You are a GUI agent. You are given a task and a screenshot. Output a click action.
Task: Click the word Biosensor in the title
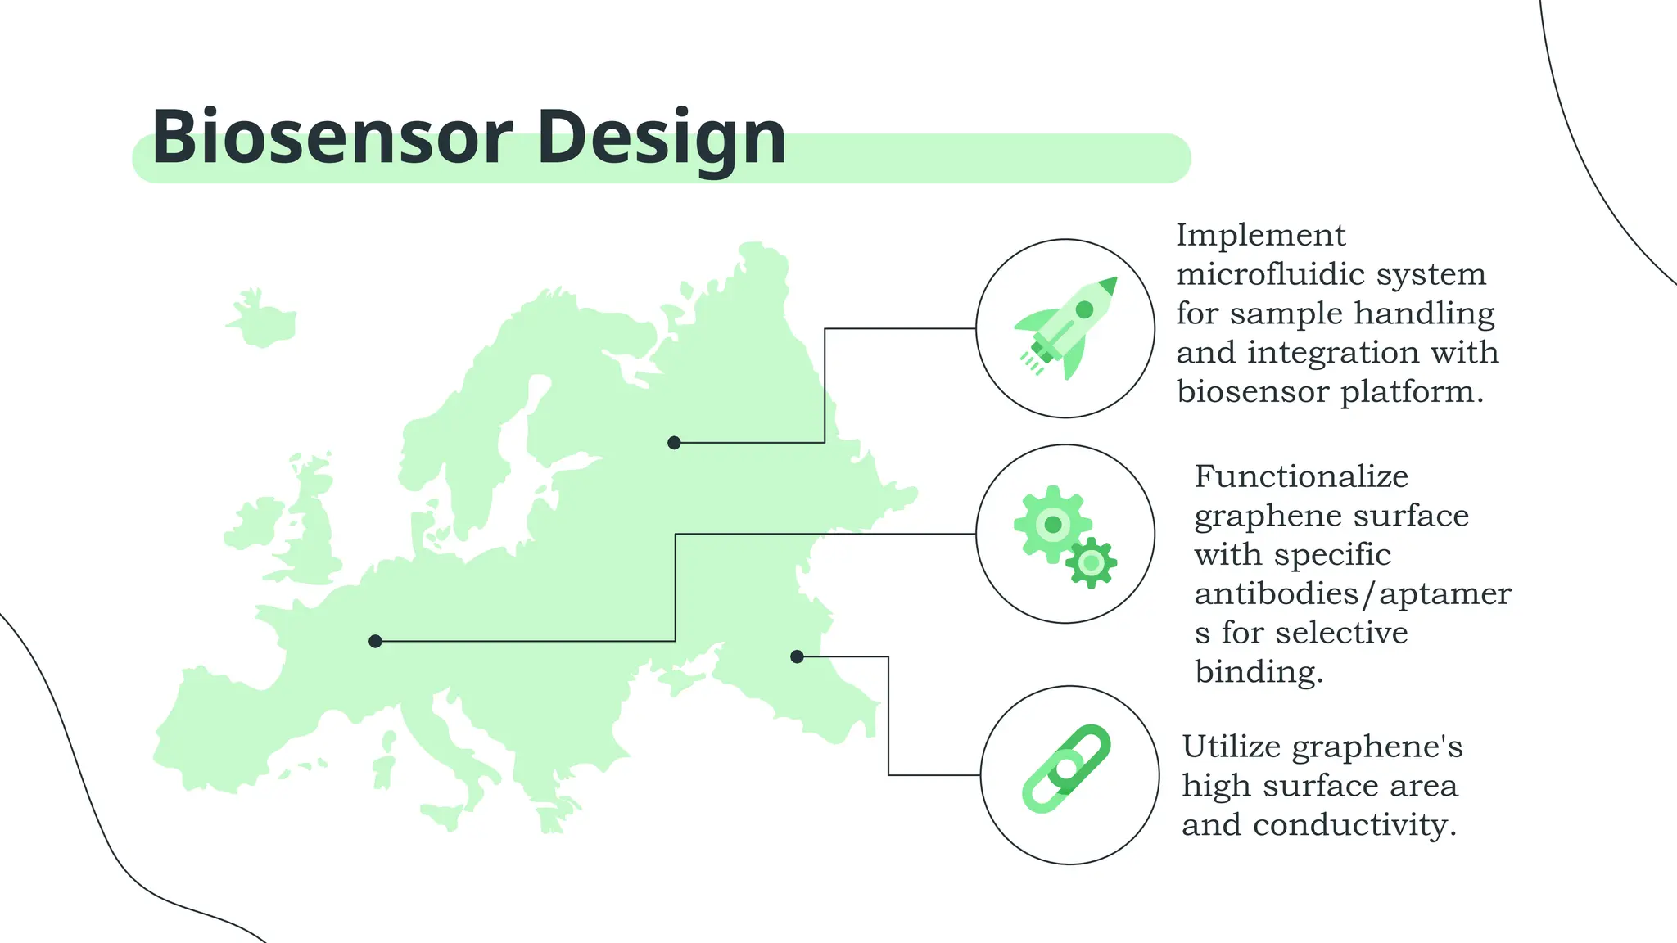[332, 138]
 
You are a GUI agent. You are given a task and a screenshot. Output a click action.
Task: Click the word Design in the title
[662, 138]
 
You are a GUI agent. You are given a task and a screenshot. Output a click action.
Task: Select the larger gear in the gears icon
[1052, 524]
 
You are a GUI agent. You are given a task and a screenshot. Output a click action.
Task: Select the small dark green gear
[1091, 563]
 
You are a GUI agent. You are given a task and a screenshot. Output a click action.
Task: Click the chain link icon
[1066, 769]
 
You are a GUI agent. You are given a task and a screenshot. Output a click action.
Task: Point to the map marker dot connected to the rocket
[674, 443]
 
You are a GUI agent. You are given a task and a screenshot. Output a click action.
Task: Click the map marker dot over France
[375, 641]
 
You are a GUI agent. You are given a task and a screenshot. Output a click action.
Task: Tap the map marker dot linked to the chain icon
[797, 656]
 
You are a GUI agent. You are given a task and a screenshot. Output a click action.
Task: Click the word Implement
[1260, 236]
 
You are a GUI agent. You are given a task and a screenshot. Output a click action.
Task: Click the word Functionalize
[1301, 476]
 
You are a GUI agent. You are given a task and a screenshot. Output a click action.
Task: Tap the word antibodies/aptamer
[1352, 593]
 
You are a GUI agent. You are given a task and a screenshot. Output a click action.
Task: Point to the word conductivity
[1354, 824]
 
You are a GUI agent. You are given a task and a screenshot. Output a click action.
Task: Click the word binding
[1259, 672]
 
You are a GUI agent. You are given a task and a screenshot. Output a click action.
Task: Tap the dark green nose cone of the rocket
[1108, 286]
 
